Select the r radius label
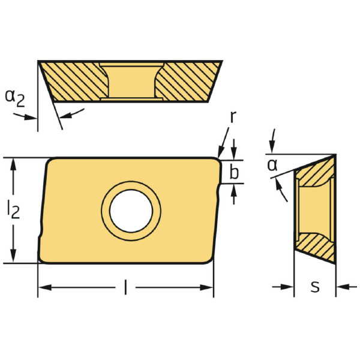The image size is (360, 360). pos(233,116)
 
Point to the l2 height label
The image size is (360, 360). pos(13,209)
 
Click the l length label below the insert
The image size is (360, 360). pos(125,287)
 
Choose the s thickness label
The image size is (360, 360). pos(315,287)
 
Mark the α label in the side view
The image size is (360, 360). pos(272,165)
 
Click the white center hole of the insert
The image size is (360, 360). pos(131,211)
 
